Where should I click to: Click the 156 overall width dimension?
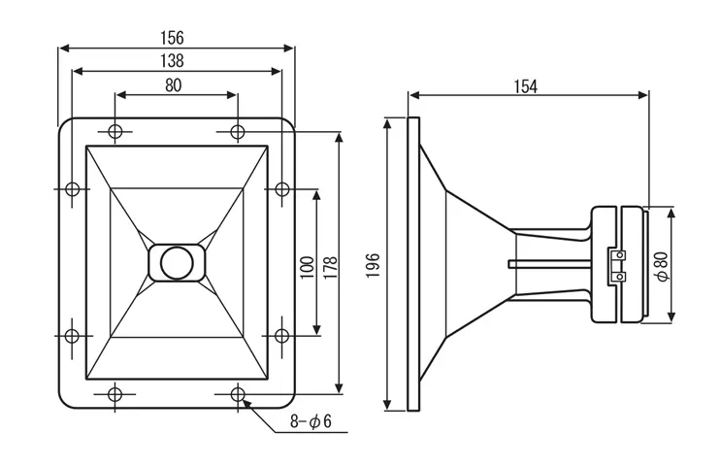pyautogui.click(x=175, y=37)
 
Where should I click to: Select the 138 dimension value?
pyautogui.click(x=175, y=60)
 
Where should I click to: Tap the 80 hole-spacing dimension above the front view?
pyautogui.click(x=174, y=84)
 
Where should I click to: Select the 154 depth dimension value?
pyautogui.click(x=524, y=86)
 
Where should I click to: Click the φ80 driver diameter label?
pyautogui.click(x=662, y=265)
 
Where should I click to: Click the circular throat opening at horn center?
pyautogui.click(x=177, y=262)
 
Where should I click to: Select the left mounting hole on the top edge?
pyautogui.click(x=115, y=132)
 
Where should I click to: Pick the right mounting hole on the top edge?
pyautogui.click(x=238, y=132)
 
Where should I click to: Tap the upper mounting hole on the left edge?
pyautogui.click(x=72, y=189)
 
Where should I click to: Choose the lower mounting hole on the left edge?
pyautogui.click(x=72, y=336)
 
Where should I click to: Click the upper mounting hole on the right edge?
pyautogui.click(x=281, y=189)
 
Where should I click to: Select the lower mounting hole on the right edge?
pyautogui.click(x=281, y=336)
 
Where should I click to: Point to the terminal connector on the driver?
pyautogui.click(x=616, y=265)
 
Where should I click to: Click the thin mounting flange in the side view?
pyautogui.click(x=413, y=264)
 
